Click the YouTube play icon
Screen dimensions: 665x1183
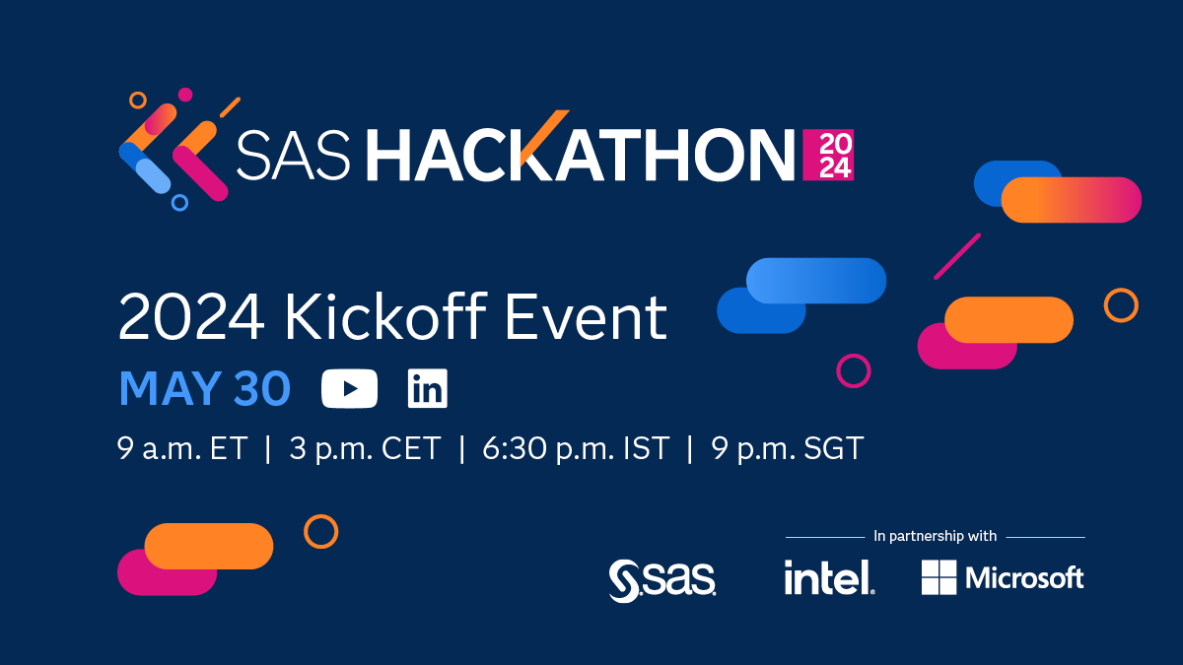pyautogui.click(x=349, y=388)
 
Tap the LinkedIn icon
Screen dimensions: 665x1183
pyautogui.click(x=427, y=388)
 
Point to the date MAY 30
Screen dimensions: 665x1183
pyautogui.click(x=204, y=389)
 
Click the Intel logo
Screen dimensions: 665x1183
pyautogui.click(x=828, y=577)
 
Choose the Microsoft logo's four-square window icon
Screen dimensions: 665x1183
pyautogui.click(x=939, y=577)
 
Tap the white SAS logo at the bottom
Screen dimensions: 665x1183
pyautogui.click(x=662, y=579)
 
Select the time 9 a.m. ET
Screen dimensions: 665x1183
pyautogui.click(x=181, y=449)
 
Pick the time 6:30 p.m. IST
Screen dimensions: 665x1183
pyautogui.click(x=575, y=449)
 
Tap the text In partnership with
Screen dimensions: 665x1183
pyautogui.click(x=935, y=536)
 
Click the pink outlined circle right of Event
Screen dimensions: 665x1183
pyautogui.click(x=853, y=370)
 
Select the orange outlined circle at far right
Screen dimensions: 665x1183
pyautogui.click(x=1121, y=305)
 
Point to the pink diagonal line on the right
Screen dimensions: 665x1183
pyautogui.click(x=956, y=256)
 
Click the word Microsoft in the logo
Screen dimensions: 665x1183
pyautogui.click(x=1024, y=577)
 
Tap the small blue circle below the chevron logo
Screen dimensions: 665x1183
pyautogui.click(x=179, y=203)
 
